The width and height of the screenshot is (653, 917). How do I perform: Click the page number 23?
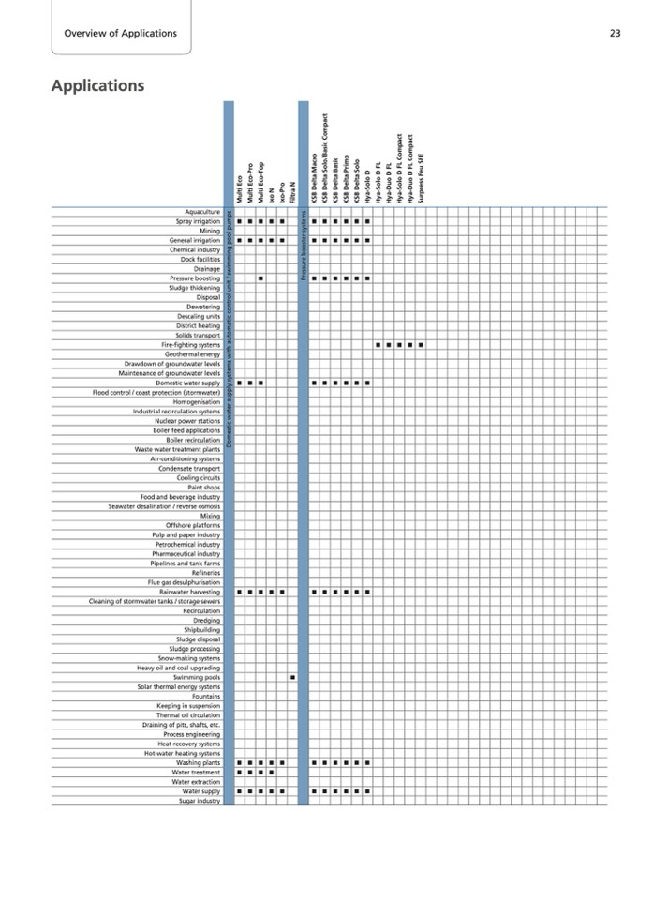616,34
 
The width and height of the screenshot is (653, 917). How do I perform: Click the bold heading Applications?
97,86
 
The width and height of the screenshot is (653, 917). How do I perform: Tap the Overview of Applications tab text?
120,34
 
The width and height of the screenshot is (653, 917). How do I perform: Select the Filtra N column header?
292,192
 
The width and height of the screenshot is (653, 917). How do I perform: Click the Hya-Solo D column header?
367,188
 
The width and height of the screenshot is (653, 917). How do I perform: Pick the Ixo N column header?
272,195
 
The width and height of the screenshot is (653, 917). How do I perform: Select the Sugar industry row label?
199,801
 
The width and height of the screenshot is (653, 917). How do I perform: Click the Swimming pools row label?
197,676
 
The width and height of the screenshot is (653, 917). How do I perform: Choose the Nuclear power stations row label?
188,421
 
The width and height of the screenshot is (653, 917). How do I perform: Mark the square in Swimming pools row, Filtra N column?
292,676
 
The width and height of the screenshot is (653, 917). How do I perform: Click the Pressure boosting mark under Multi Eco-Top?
260,278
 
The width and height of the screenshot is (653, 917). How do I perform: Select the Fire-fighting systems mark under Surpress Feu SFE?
422,344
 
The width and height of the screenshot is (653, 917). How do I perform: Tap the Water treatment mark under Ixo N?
272,773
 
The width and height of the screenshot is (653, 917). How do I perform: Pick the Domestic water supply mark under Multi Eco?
239,383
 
